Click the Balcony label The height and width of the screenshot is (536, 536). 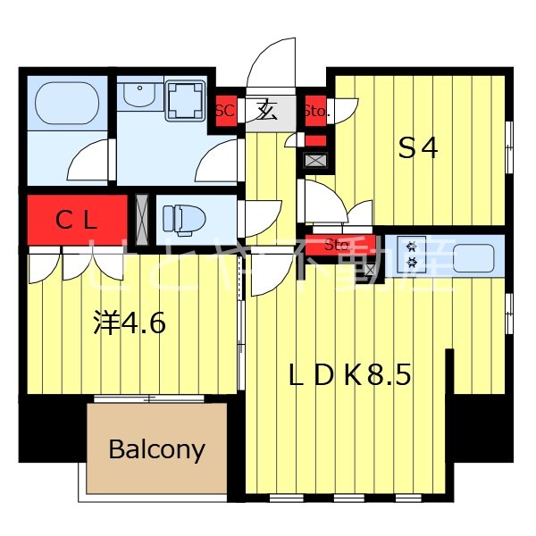(156, 448)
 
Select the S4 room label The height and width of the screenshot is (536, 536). (417, 149)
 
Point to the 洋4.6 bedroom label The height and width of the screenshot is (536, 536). (130, 322)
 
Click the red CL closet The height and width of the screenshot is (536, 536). (77, 220)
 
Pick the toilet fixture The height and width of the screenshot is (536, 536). (183, 218)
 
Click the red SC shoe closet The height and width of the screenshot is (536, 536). (225, 112)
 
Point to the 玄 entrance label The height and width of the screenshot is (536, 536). (266, 112)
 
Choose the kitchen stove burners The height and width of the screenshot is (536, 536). (412, 255)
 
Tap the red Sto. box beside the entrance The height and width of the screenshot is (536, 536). (316, 112)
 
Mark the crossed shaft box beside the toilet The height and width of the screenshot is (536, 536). (141, 218)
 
